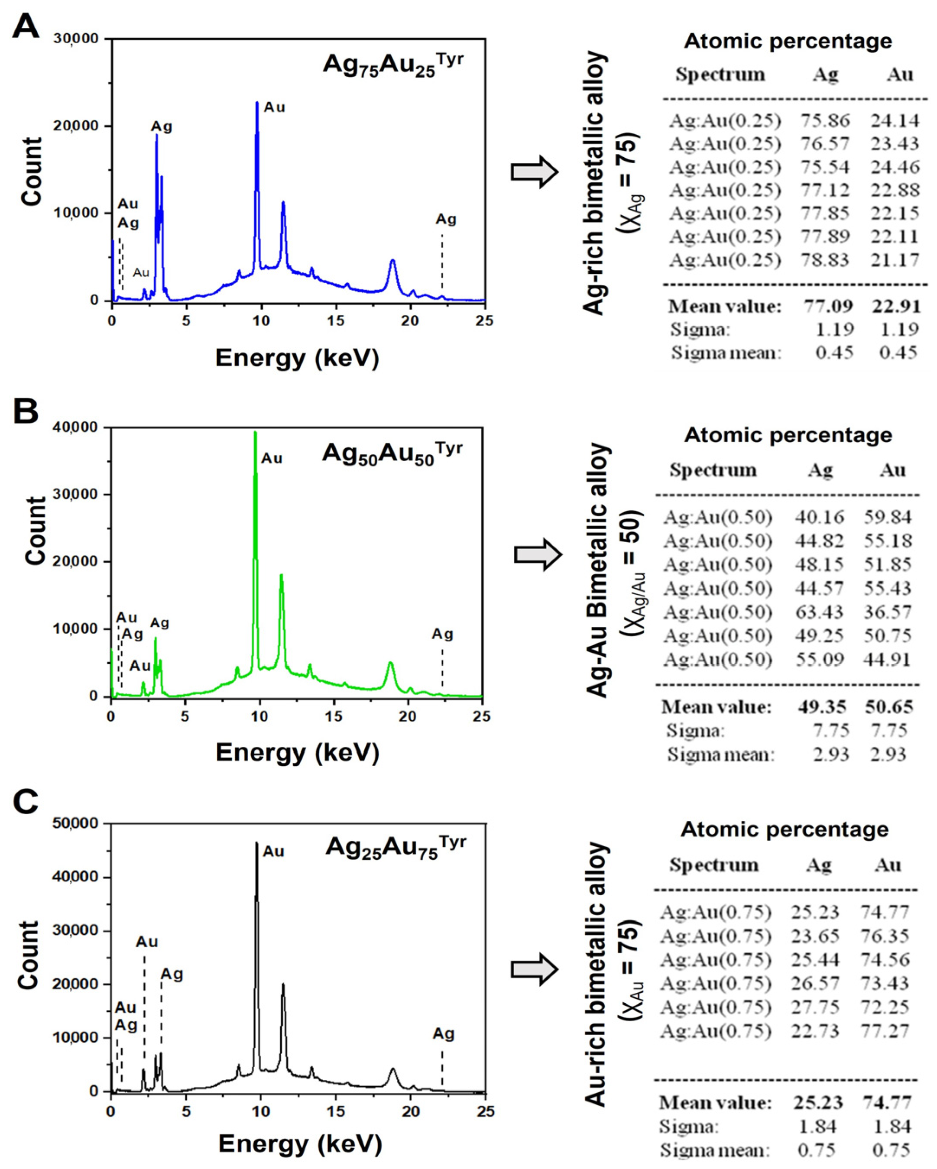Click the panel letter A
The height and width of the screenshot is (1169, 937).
tap(26, 26)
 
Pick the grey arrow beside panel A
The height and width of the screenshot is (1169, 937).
tap(535, 172)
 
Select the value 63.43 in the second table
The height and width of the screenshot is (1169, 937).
tap(819, 612)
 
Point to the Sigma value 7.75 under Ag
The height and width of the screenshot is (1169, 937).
tap(830, 731)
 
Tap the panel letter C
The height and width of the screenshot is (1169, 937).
tap(26, 802)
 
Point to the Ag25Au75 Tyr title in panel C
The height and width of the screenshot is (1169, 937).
tap(396, 846)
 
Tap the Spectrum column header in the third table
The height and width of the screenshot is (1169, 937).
tap(713, 864)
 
